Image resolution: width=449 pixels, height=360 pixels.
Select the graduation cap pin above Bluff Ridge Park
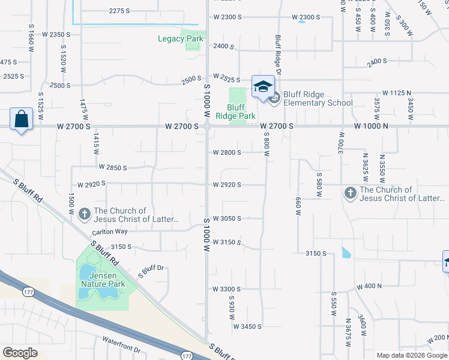click(x=263, y=88)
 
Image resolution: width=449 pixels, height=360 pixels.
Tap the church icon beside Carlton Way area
click(x=85, y=213)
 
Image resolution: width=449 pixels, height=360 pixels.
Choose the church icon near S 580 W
click(x=350, y=193)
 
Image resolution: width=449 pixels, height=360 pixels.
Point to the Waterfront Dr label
click(x=121, y=349)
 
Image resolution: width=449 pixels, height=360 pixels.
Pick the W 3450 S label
click(x=247, y=326)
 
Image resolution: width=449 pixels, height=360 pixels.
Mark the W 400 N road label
click(x=369, y=287)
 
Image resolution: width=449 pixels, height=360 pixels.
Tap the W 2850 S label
click(x=113, y=167)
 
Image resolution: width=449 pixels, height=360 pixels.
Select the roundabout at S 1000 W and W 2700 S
click(x=206, y=126)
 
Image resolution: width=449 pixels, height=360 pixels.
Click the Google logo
click(x=20, y=353)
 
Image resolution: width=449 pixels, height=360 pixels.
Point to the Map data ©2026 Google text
click(x=412, y=355)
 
